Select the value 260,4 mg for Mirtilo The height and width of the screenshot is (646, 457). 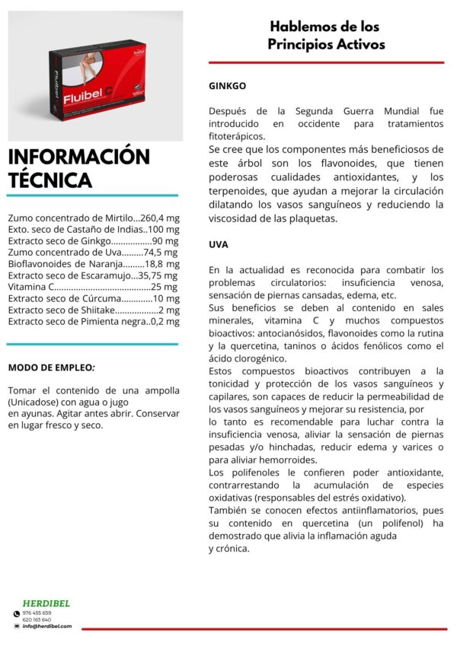click(x=159, y=218)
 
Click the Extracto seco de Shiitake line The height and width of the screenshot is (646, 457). click(x=94, y=310)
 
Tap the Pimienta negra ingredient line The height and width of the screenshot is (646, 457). click(x=94, y=321)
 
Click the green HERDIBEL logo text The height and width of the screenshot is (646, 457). click(x=46, y=603)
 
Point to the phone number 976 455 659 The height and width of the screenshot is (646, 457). click(x=37, y=613)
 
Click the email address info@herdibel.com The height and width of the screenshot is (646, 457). click(x=46, y=626)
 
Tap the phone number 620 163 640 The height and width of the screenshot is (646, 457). click(x=37, y=619)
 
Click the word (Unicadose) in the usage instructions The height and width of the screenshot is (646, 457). click(x=35, y=401)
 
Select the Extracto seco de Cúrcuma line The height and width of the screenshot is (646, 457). click(x=94, y=298)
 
